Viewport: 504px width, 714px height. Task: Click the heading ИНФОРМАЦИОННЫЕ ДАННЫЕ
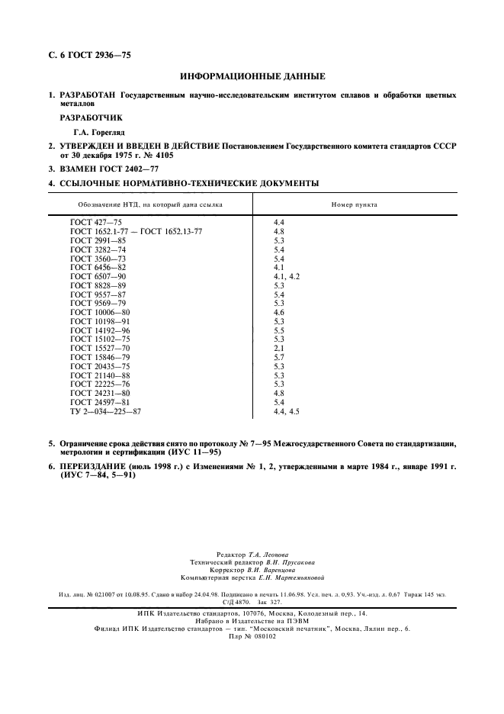pyautogui.click(x=252, y=76)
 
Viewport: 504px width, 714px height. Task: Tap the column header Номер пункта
pyautogui.click(x=354, y=204)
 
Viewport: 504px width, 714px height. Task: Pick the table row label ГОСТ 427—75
pyautogui.click(x=95, y=222)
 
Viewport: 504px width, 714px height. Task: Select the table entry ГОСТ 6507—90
pyautogui.click(x=98, y=275)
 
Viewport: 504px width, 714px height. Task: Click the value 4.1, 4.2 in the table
pyautogui.click(x=286, y=275)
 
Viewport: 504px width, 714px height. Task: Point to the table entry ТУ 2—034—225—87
pyautogui.click(x=105, y=411)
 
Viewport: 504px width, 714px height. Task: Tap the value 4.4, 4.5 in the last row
pyautogui.click(x=286, y=411)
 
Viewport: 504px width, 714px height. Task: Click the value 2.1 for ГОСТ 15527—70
pyautogui.click(x=278, y=348)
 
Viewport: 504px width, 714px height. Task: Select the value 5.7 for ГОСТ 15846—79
pyautogui.click(x=278, y=357)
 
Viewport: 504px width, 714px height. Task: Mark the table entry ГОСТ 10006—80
pyautogui.click(x=100, y=312)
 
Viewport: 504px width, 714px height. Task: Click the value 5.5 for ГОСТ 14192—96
pyautogui.click(x=278, y=330)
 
